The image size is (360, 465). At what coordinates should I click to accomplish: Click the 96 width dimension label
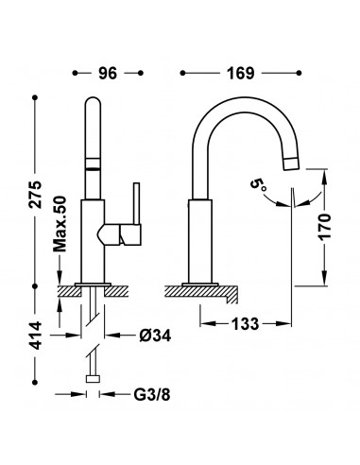108,74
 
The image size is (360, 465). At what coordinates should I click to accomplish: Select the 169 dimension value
240,74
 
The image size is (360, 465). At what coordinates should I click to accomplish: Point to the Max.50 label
60,224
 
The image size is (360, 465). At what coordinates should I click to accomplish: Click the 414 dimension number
36,336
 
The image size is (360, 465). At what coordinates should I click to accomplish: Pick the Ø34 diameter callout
155,336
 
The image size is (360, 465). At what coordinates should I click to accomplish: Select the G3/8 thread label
152,394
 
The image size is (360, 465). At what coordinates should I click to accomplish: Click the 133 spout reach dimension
245,323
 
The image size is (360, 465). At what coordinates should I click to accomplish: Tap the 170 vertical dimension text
325,227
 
